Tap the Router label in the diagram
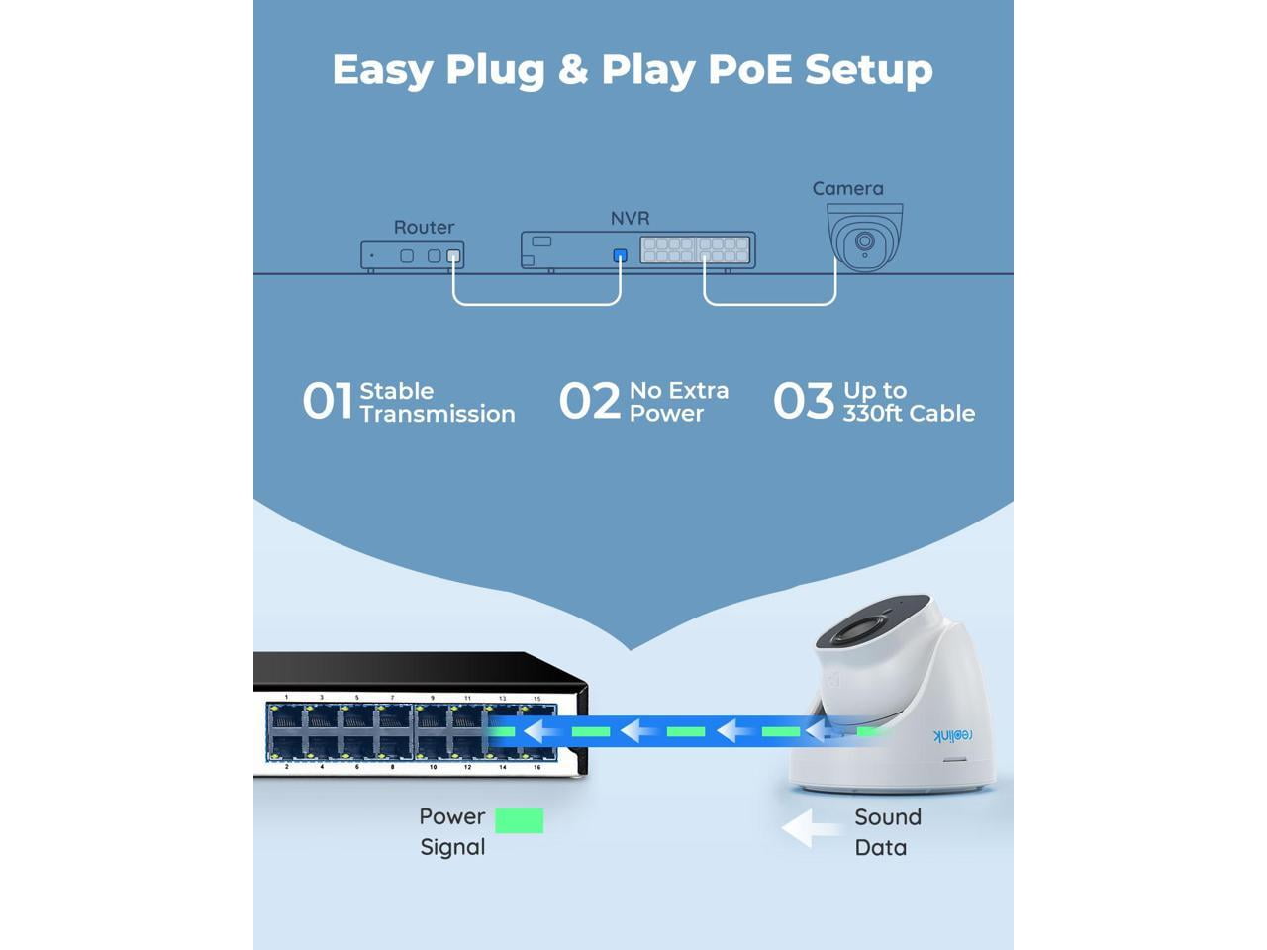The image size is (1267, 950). point(424,228)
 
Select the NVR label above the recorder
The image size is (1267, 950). point(630,218)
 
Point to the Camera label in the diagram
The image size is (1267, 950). point(847,189)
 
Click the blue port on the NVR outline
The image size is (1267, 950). point(620,255)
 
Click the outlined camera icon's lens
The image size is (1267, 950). point(864,240)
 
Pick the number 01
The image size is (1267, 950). point(328,401)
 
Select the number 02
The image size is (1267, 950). point(589,401)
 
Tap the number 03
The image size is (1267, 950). point(803,401)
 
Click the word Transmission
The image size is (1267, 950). point(437,415)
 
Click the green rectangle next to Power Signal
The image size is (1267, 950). point(519,820)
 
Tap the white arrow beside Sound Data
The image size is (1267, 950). point(810,828)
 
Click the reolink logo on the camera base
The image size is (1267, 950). point(952,735)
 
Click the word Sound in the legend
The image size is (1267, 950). point(888,817)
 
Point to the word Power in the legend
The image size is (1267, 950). point(452,816)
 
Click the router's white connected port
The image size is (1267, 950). point(453,255)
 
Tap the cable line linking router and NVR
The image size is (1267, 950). point(536,304)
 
